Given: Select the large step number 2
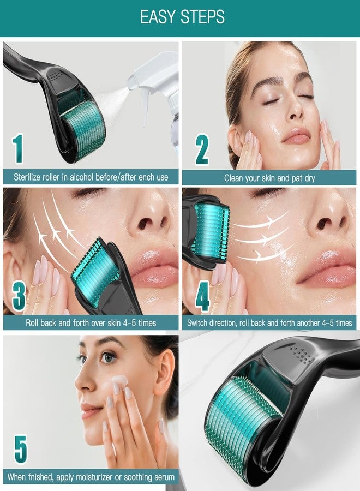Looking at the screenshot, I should click(x=202, y=149).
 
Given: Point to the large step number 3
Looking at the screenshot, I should click(x=19, y=296).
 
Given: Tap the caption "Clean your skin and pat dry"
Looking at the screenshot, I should click(x=269, y=178).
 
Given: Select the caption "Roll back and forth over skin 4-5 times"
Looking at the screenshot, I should click(x=91, y=323).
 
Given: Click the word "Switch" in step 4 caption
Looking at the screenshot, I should click(x=199, y=323).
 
